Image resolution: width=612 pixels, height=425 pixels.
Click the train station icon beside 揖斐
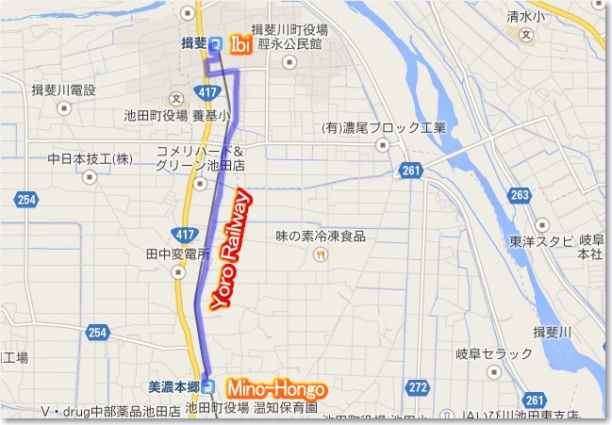(216, 43)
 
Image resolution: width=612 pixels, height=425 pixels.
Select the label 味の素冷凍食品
(321, 236)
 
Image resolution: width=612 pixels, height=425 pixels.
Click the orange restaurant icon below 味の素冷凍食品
(322, 254)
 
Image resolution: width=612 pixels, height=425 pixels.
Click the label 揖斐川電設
(63, 90)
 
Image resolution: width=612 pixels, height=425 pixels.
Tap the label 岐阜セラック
(494, 353)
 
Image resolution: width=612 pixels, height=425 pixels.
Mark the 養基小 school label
(210, 118)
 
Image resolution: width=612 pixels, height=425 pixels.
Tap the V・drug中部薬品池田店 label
(110, 413)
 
